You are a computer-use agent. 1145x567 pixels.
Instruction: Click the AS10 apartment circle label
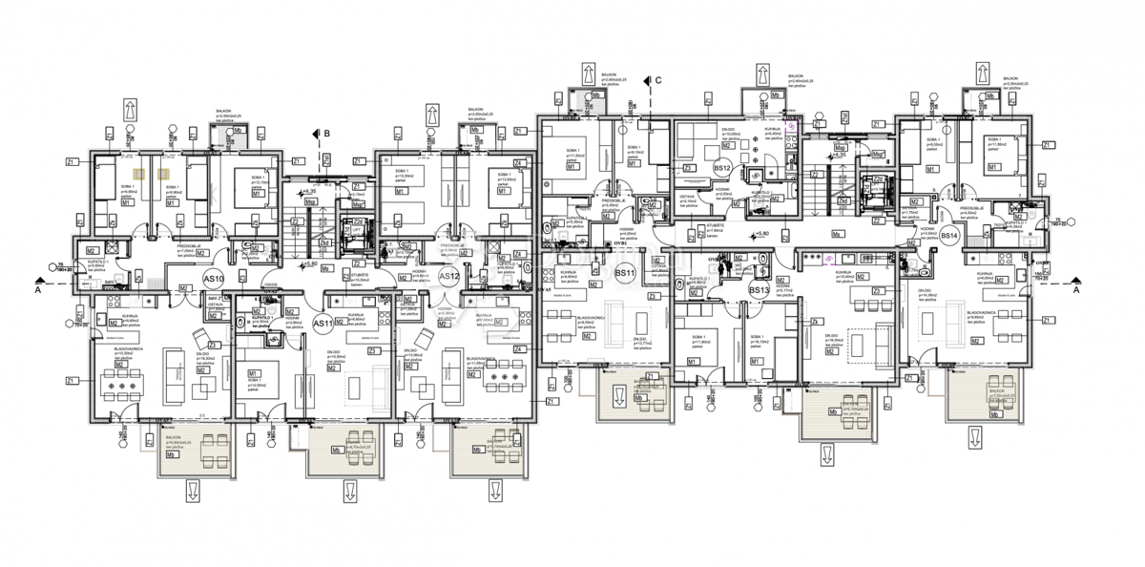click(x=214, y=280)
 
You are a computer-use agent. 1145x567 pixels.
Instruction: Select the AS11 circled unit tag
click(x=323, y=322)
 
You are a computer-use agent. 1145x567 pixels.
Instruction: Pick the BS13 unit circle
click(x=759, y=289)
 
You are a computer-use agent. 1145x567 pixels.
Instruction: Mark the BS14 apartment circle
click(x=948, y=235)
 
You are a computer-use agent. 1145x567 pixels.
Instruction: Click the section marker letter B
click(x=325, y=133)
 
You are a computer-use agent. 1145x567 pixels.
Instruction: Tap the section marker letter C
click(x=657, y=81)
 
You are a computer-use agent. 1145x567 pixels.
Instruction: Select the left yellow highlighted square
click(x=139, y=174)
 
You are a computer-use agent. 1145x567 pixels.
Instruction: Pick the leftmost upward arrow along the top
click(x=127, y=109)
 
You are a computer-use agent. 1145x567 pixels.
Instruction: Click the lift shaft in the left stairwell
click(x=352, y=232)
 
